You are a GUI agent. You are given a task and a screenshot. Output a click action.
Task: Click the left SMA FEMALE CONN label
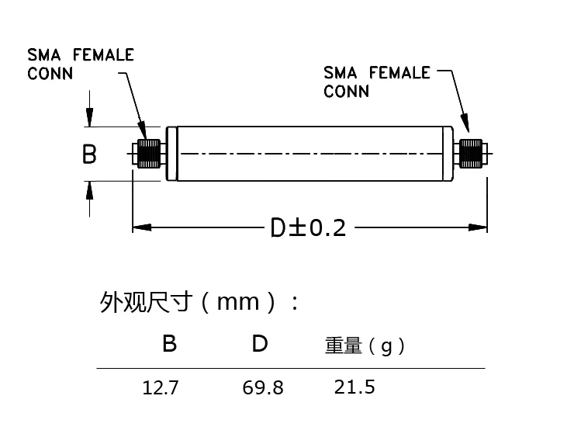point(81,64)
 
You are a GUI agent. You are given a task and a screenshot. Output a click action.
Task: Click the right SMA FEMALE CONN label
point(376,82)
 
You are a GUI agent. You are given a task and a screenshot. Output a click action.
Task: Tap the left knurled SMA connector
point(149,154)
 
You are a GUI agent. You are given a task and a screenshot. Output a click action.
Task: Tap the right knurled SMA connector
point(470,154)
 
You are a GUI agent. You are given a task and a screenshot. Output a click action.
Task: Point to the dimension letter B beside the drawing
point(89,154)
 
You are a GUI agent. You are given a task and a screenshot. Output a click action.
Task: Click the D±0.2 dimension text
point(307,227)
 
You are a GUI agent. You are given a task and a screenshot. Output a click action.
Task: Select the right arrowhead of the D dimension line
point(479,227)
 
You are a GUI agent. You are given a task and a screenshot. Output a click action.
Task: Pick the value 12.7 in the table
point(160,387)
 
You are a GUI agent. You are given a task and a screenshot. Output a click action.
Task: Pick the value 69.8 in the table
point(262,387)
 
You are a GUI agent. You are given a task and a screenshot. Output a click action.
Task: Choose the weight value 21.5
point(354,386)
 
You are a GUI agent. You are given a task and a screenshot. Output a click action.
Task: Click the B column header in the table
point(169,343)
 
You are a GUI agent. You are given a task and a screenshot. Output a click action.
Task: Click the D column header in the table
point(260,343)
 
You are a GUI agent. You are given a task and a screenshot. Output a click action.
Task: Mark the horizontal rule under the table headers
point(290,367)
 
